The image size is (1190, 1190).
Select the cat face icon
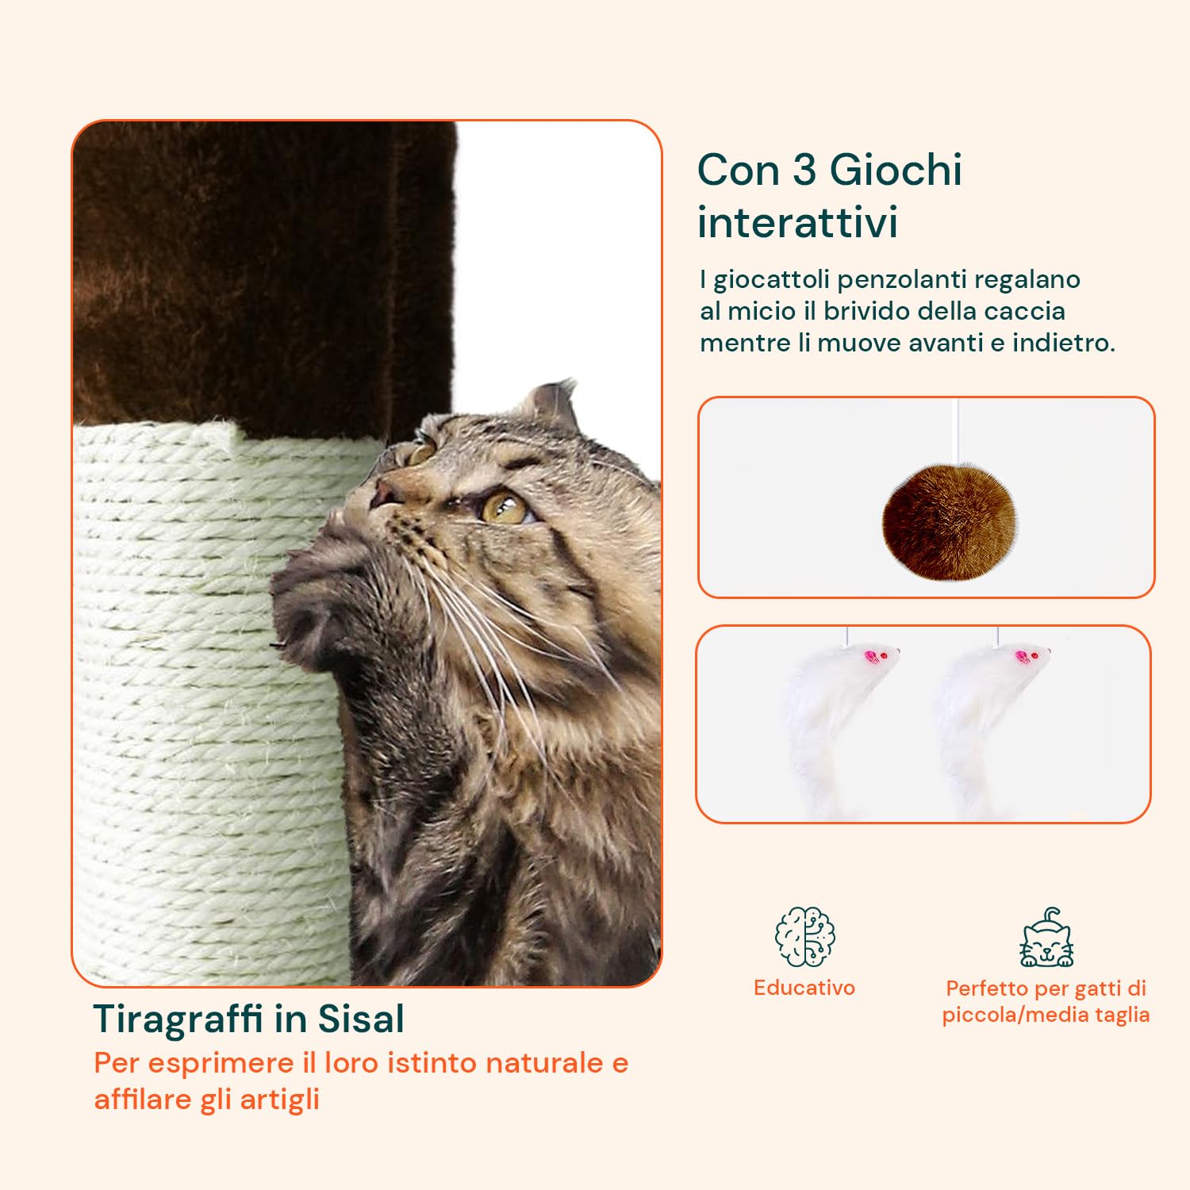coord(1046,941)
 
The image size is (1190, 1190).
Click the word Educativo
coord(804,988)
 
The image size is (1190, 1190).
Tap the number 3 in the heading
coord(804,170)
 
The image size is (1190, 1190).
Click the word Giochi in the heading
coord(896,170)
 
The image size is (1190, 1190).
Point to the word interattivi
coord(797,222)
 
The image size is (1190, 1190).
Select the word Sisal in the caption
coord(361,1019)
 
